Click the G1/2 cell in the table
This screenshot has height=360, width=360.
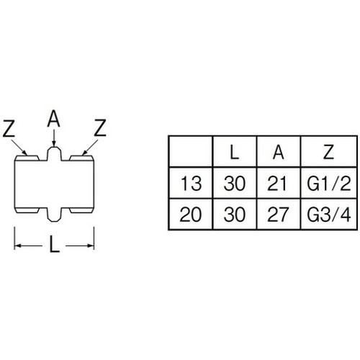(329, 184)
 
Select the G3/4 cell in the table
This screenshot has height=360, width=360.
(329, 215)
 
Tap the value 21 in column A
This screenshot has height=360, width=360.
(277, 184)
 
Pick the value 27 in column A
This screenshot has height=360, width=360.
(277, 215)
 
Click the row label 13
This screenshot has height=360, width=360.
(191, 184)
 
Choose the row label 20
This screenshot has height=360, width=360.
(190, 215)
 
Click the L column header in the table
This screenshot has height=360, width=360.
(234, 152)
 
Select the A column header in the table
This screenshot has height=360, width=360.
(279, 152)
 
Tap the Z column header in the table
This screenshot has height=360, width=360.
(328, 152)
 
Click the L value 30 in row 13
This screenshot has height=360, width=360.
(235, 184)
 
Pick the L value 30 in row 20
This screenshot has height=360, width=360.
(235, 215)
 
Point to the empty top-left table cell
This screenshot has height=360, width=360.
(191, 151)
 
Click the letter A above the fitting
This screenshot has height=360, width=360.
(53, 118)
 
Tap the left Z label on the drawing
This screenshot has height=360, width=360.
(9, 128)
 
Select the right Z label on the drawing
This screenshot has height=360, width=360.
(100, 127)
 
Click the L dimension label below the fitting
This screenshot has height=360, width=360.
(54, 244)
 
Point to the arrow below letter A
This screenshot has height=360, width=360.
(54, 138)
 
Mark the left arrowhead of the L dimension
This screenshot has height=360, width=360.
(18, 246)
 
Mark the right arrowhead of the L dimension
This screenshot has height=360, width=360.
(91, 246)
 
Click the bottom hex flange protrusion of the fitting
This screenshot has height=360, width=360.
(54, 215)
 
